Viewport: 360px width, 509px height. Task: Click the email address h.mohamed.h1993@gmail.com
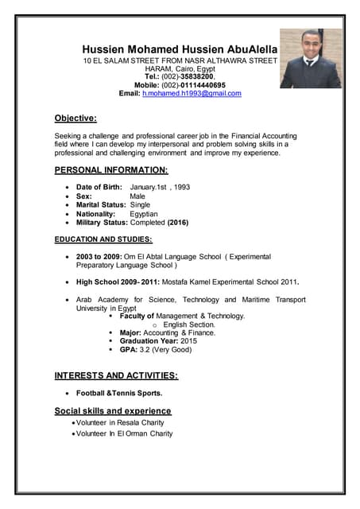[192, 94]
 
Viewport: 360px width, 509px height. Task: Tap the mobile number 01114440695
[202, 85]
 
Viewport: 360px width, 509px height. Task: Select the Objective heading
[75, 119]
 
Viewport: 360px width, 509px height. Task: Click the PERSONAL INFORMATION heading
[111, 170]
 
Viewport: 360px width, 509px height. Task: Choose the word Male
[137, 196]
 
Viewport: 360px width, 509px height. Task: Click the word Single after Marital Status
[140, 205]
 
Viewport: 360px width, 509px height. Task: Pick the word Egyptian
[144, 214]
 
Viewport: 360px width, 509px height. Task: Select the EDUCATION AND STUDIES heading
[103, 239]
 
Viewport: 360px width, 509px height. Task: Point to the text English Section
[189, 324]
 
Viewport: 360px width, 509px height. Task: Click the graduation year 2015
[188, 341]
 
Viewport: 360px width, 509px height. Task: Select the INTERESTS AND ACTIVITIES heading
[116, 375]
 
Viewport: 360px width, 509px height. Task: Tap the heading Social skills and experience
[113, 411]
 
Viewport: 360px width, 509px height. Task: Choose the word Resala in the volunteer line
[128, 423]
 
